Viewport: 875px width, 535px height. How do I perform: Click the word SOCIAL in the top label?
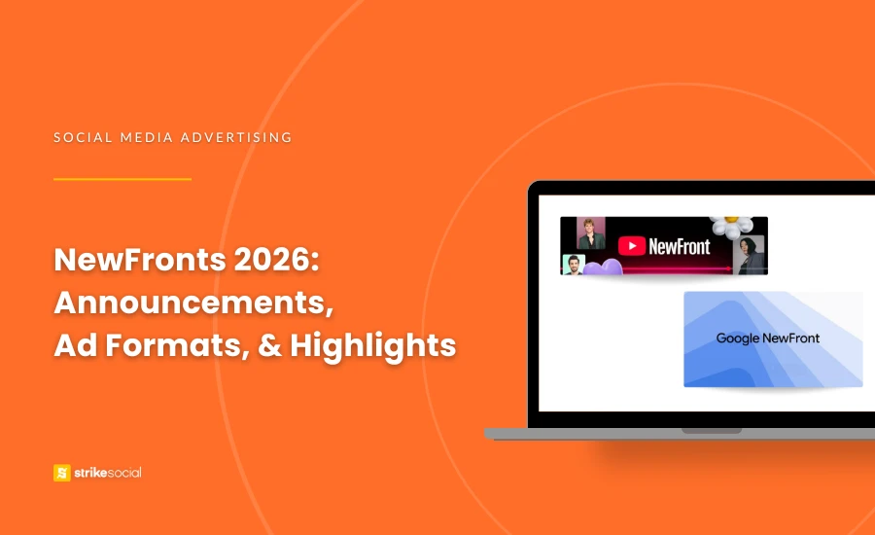click(x=80, y=137)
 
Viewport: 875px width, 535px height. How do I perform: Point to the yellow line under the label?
click(x=122, y=179)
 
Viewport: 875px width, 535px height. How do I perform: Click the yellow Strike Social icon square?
click(x=62, y=473)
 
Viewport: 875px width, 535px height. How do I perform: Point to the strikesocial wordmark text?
click(x=108, y=473)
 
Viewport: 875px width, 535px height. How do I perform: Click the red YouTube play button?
click(x=632, y=246)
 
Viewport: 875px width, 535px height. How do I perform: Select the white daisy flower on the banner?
click(x=730, y=228)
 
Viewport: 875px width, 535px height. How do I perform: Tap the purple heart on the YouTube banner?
click(x=607, y=267)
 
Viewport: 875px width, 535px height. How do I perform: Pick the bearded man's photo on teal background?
click(x=575, y=265)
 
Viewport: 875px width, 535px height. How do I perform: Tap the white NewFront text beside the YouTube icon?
click(x=680, y=246)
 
